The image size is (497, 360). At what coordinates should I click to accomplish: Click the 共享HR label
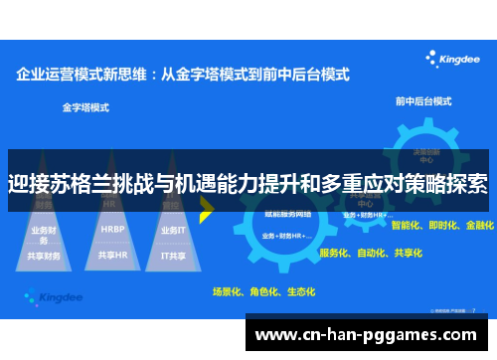point(113,255)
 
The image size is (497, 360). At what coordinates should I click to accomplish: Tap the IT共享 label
point(173,255)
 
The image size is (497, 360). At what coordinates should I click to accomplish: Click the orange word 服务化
point(334,254)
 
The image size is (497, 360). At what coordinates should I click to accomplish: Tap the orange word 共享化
point(409,254)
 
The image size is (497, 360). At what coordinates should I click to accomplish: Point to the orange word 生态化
point(300,291)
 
